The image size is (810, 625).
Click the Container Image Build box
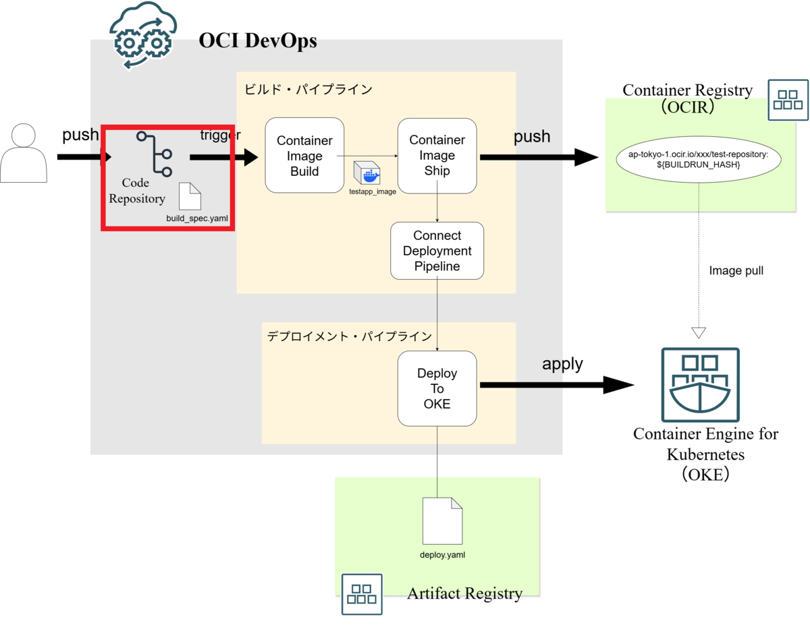point(304,155)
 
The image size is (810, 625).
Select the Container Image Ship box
point(437,156)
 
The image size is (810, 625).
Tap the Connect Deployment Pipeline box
point(437,251)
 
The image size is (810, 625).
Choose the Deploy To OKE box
point(437,388)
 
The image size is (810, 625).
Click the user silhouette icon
point(24,153)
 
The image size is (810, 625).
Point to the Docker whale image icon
point(367,173)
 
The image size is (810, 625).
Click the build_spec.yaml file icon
point(190,196)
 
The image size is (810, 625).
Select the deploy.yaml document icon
point(442,520)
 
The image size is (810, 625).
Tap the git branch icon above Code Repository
point(155,154)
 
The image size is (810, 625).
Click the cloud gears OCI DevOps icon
point(143,36)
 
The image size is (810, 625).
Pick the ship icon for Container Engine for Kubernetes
point(701,384)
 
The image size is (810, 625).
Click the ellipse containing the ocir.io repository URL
point(699,159)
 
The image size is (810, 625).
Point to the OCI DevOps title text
point(258,41)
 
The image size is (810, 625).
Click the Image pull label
point(736,270)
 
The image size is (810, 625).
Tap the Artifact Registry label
point(464,593)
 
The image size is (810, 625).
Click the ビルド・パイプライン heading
point(308,90)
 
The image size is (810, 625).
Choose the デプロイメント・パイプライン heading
point(349,336)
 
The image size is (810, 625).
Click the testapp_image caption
point(373,191)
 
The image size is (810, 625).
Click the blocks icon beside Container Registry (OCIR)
point(788,100)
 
